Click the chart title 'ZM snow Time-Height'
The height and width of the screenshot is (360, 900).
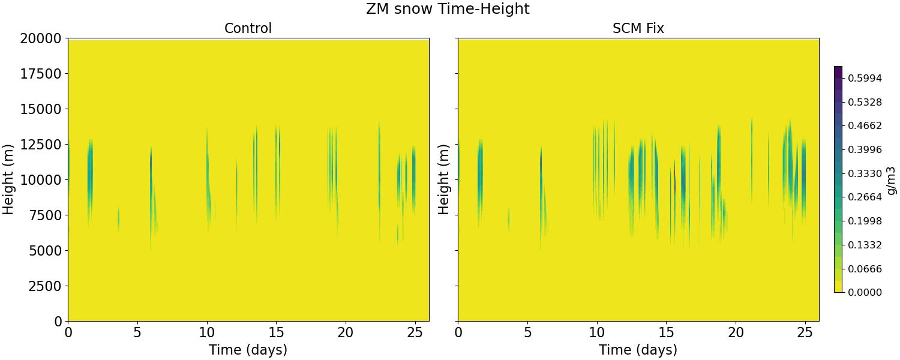tap(448, 9)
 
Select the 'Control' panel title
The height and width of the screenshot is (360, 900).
tap(248, 28)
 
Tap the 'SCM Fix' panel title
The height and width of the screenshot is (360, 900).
tap(638, 28)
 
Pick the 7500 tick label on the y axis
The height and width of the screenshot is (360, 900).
tap(43, 215)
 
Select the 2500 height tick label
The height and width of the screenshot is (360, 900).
tap(43, 286)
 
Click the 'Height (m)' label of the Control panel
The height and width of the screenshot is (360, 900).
tap(8, 179)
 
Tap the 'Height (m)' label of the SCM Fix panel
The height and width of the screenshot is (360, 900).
tap(444, 179)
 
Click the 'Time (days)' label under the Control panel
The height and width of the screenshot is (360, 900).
tap(248, 350)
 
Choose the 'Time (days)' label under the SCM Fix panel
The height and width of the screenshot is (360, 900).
tap(638, 350)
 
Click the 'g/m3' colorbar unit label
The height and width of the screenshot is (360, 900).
tap(892, 179)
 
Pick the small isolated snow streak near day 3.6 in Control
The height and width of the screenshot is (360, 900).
tap(118, 219)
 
